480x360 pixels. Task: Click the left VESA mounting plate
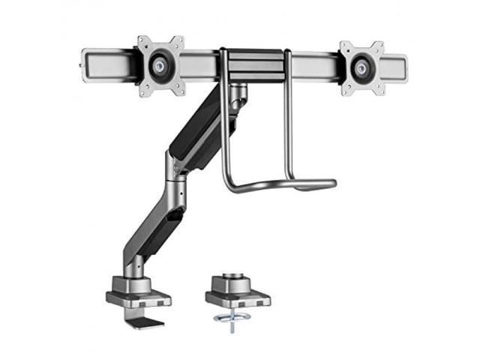point(160,66)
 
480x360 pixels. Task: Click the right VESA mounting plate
point(362,68)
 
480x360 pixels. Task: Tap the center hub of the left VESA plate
point(160,66)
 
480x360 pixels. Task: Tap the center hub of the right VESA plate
point(362,68)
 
